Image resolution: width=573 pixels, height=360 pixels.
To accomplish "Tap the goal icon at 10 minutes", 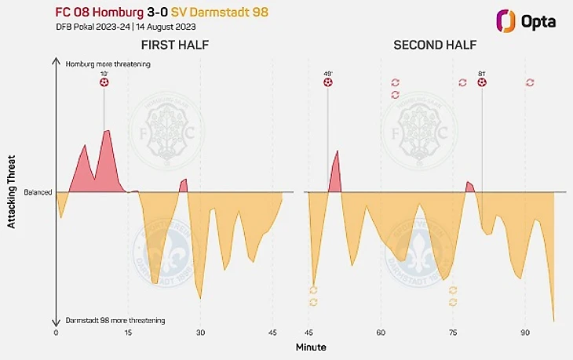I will (x=104, y=82).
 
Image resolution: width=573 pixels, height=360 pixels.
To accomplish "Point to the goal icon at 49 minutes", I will (x=328, y=82).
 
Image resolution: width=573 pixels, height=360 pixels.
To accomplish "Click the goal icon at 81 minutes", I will (x=482, y=82).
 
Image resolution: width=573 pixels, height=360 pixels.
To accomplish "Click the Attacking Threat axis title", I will (x=12, y=192).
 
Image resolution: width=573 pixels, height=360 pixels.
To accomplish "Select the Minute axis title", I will (x=311, y=346).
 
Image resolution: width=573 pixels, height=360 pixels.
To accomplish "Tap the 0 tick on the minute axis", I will (x=56, y=332).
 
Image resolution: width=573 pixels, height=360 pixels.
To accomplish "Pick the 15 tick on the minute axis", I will (x=128, y=332).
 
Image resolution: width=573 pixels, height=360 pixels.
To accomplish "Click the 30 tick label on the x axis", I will (x=200, y=332).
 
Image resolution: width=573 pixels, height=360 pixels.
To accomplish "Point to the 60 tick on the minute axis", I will (x=381, y=332).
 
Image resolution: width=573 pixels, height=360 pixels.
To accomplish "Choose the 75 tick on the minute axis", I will (x=453, y=332).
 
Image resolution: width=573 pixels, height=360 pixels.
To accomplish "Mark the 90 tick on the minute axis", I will (x=525, y=332).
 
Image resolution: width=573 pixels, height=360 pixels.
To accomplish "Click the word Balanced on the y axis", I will (x=37, y=192).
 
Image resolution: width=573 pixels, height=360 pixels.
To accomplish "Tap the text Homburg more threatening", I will (x=108, y=64).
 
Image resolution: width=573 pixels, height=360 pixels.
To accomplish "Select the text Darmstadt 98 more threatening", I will (x=115, y=321).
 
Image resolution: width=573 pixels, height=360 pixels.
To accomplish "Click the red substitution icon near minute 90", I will (x=530, y=82).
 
